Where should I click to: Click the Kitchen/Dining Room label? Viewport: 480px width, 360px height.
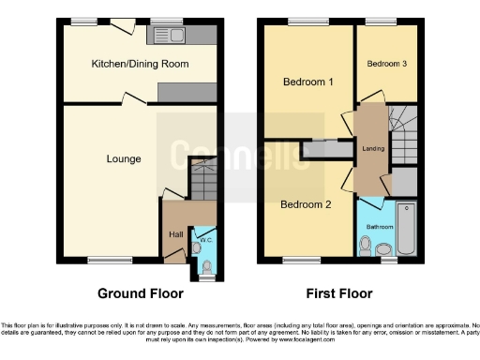pos(140,65)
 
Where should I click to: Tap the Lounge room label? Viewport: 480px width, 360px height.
pos(124,159)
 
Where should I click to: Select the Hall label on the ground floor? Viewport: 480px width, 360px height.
pos(175,234)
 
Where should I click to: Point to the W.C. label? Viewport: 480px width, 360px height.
pos(204,240)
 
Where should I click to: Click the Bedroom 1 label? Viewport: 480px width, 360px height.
pos(308,82)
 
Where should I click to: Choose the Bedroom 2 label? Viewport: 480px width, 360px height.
pos(306,203)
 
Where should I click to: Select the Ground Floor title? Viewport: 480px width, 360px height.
pos(140,292)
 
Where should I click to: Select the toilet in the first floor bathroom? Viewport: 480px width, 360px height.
pos(383,247)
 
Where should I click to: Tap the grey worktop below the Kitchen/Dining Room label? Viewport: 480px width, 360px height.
pos(187,92)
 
